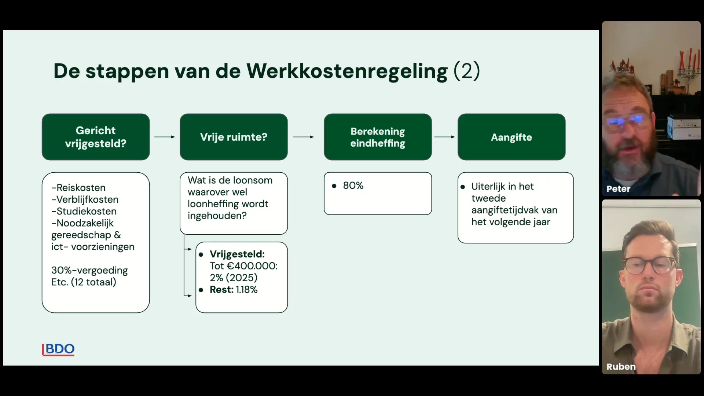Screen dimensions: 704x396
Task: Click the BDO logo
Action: coord(58,349)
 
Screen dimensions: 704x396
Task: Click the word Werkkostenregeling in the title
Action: coord(347,71)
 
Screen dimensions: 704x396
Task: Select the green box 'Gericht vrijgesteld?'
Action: coord(96,137)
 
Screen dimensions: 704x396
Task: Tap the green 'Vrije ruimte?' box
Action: coord(234,137)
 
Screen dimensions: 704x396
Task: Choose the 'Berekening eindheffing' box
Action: coord(378,137)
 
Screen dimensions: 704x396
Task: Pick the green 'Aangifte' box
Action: coord(511,137)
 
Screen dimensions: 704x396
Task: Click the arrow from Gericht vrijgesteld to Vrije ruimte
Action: coord(165,137)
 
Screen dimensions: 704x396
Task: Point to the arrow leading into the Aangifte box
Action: coord(444,137)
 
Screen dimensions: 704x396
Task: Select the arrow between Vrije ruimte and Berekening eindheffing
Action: coord(304,137)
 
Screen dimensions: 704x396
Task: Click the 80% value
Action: coord(353,186)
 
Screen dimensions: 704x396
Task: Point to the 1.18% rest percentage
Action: coord(247,290)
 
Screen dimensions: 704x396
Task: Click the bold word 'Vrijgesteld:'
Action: coord(237,254)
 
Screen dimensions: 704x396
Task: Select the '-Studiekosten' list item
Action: coord(84,211)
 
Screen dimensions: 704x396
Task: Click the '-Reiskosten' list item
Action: coord(78,188)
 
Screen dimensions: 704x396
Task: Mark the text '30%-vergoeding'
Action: coord(89,271)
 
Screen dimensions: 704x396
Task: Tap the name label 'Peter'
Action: coord(618,189)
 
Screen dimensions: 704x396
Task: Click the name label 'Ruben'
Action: coord(621,367)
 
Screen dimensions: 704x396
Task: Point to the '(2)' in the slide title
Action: coord(467,71)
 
